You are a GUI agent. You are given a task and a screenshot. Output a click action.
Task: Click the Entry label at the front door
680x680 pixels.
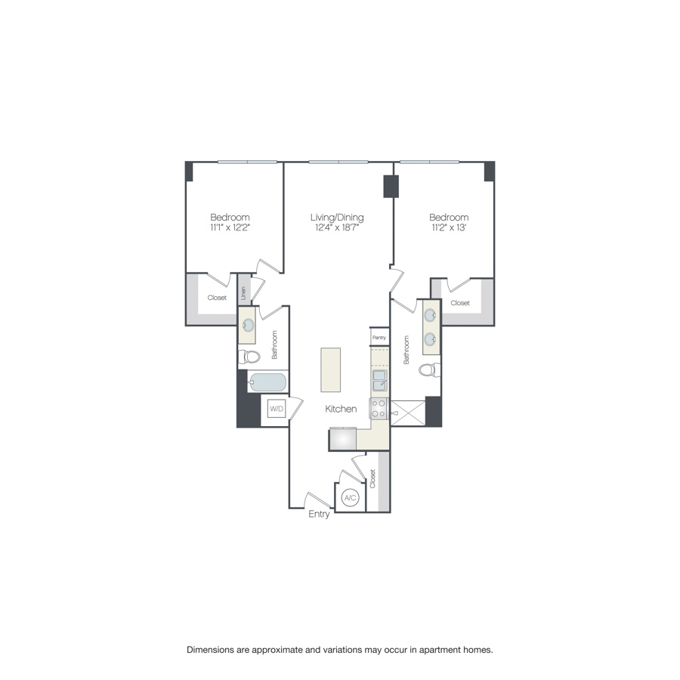[319, 515]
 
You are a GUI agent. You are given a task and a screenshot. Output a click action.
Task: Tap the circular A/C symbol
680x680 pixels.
[350, 498]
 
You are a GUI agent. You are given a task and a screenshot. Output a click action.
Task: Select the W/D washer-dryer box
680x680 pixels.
[277, 410]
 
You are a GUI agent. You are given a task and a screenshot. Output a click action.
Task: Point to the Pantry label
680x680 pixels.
[379, 338]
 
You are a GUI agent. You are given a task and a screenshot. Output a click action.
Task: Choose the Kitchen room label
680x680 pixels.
[341, 409]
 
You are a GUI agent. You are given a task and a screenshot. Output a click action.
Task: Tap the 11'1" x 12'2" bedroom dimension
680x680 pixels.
[230, 227]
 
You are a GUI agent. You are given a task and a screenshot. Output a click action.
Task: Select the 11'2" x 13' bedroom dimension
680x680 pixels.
[449, 227]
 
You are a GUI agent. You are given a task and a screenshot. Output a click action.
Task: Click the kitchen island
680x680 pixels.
[331, 369]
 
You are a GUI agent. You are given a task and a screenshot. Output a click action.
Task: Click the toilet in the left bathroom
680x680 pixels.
[250, 356]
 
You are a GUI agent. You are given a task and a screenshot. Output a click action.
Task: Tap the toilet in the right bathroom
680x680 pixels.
[428, 370]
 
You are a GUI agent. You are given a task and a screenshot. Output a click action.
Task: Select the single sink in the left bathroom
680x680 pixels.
[249, 326]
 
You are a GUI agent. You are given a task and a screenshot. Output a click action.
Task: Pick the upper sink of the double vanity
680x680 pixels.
[430, 316]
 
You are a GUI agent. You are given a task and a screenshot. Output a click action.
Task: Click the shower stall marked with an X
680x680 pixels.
[407, 412]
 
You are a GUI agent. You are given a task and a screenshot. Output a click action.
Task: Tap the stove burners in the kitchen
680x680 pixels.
[378, 409]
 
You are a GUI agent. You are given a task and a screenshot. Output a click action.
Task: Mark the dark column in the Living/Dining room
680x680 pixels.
[391, 187]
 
